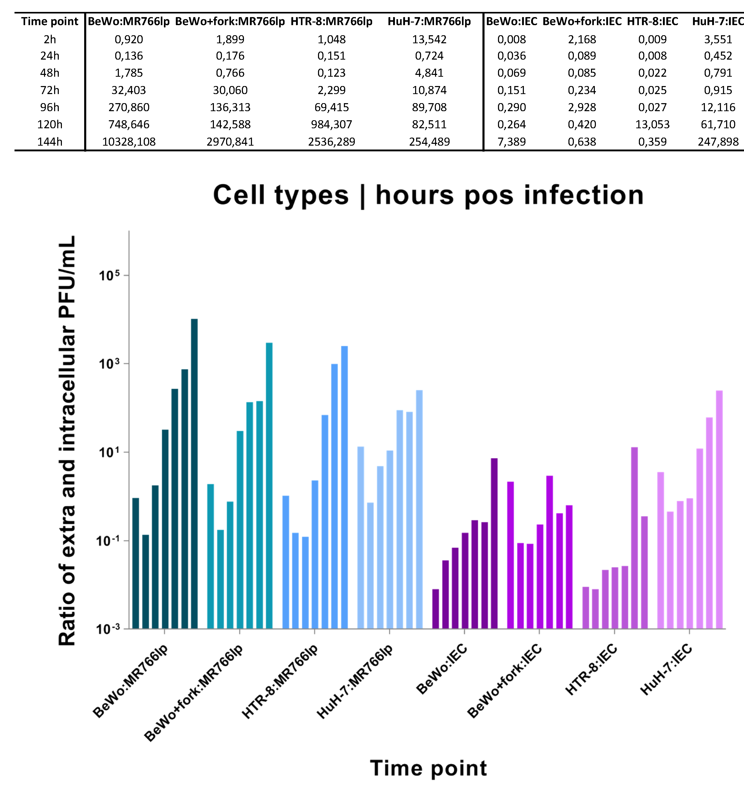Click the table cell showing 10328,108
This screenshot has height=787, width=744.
click(x=129, y=142)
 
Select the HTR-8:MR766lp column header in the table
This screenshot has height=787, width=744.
click(x=331, y=22)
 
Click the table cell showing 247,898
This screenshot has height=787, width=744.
click(x=718, y=142)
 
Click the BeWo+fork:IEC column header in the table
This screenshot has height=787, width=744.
click(x=582, y=22)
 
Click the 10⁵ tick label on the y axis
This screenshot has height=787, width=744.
click(x=109, y=276)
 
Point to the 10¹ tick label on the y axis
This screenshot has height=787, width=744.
click(x=109, y=453)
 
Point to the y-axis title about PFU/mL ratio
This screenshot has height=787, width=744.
click(x=67, y=441)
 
